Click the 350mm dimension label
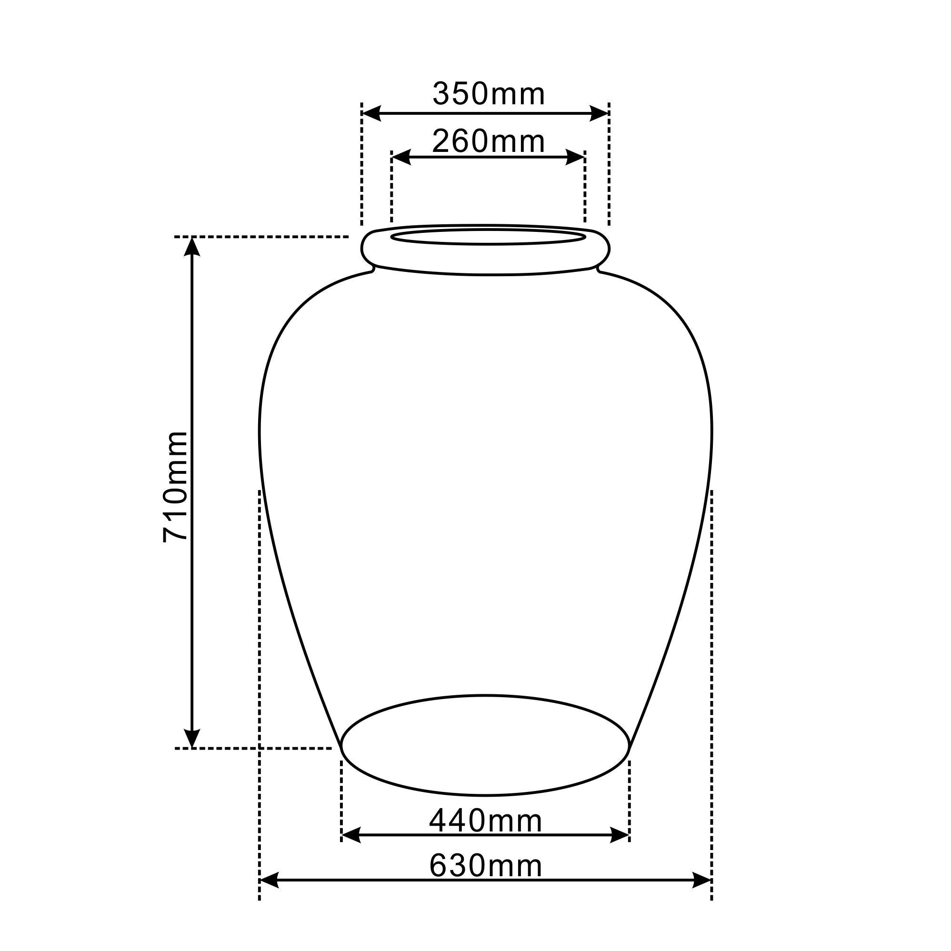[x=489, y=94]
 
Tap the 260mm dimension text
[x=489, y=141]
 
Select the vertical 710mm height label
[x=175, y=486]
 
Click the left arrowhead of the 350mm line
[x=371, y=113]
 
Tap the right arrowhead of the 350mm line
[x=600, y=113]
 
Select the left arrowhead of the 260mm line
[x=401, y=158]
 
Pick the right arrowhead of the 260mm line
[x=575, y=158]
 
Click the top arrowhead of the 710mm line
[x=192, y=247]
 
